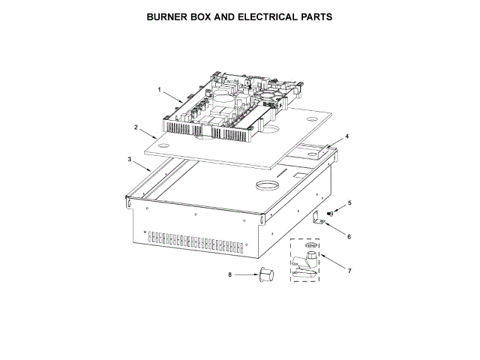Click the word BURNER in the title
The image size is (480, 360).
tap(169, 16)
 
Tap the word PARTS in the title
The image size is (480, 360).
tap(316, 16)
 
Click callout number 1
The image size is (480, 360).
tap(159, 90)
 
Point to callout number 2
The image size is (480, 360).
tap(136, 128)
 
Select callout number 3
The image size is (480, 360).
tap(130, 159)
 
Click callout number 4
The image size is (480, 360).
tap(347, 138)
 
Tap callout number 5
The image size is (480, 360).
tap(349, 202)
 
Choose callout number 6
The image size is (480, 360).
tap(349, 236)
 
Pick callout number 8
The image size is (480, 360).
tap(230, 274)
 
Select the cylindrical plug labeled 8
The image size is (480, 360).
tap(264, 274)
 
